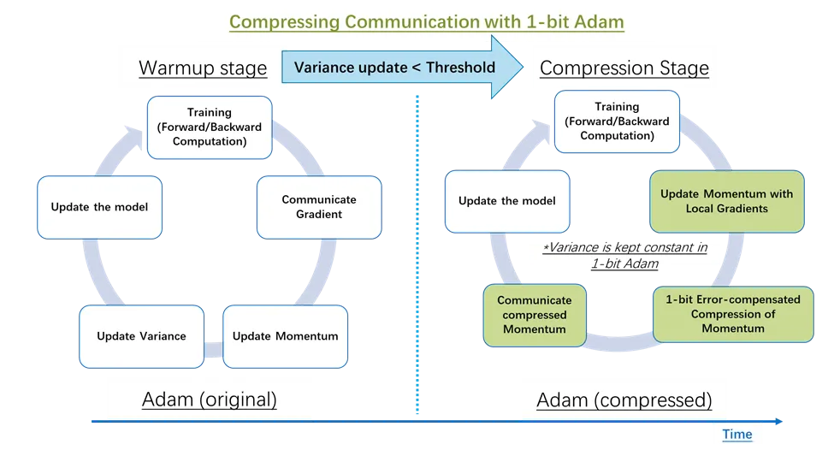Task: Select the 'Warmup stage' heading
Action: coord(203,68)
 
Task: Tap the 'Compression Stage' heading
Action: coord(624,68)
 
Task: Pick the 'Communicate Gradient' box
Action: coord(318,206)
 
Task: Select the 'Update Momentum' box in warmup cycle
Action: coord(285,336)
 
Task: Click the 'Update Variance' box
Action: coord(141,336)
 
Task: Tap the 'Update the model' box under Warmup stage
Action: coord(99,207)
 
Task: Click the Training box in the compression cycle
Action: coord(616,121)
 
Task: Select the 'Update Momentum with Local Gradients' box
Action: coord(726,201)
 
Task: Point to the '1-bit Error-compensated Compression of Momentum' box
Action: coord(732,314)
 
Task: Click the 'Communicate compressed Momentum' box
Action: coord(535,315)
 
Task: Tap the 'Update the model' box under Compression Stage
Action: coord(506,201)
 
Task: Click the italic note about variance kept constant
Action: coord(625,255)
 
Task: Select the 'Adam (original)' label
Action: coord(209,400)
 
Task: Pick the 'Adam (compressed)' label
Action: coord(624,400)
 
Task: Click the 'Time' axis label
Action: coord(737,435)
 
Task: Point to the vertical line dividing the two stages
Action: coord(417,257)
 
